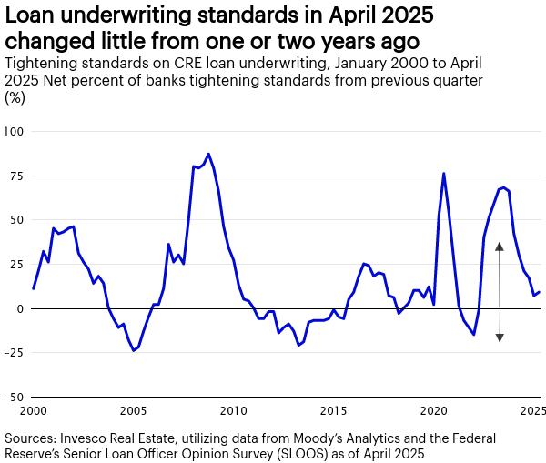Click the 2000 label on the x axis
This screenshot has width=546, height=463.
tap(34, 411)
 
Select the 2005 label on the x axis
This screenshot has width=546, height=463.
tap(134, 411)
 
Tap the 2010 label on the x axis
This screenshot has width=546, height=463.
tap(234, 411)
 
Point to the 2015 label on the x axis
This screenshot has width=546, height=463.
tap(334, 411)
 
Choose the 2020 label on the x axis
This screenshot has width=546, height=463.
tap(433, 411)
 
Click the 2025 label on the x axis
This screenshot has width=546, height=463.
tap(532, 411)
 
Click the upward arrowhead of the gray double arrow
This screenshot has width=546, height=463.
tap(500, 246)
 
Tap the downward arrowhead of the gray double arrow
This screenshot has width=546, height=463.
tap(500, 337)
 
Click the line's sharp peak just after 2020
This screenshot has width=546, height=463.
tap(443, 173)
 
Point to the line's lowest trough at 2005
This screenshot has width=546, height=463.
tap(133, 350)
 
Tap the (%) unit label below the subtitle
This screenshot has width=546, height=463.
tap(15, 97)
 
